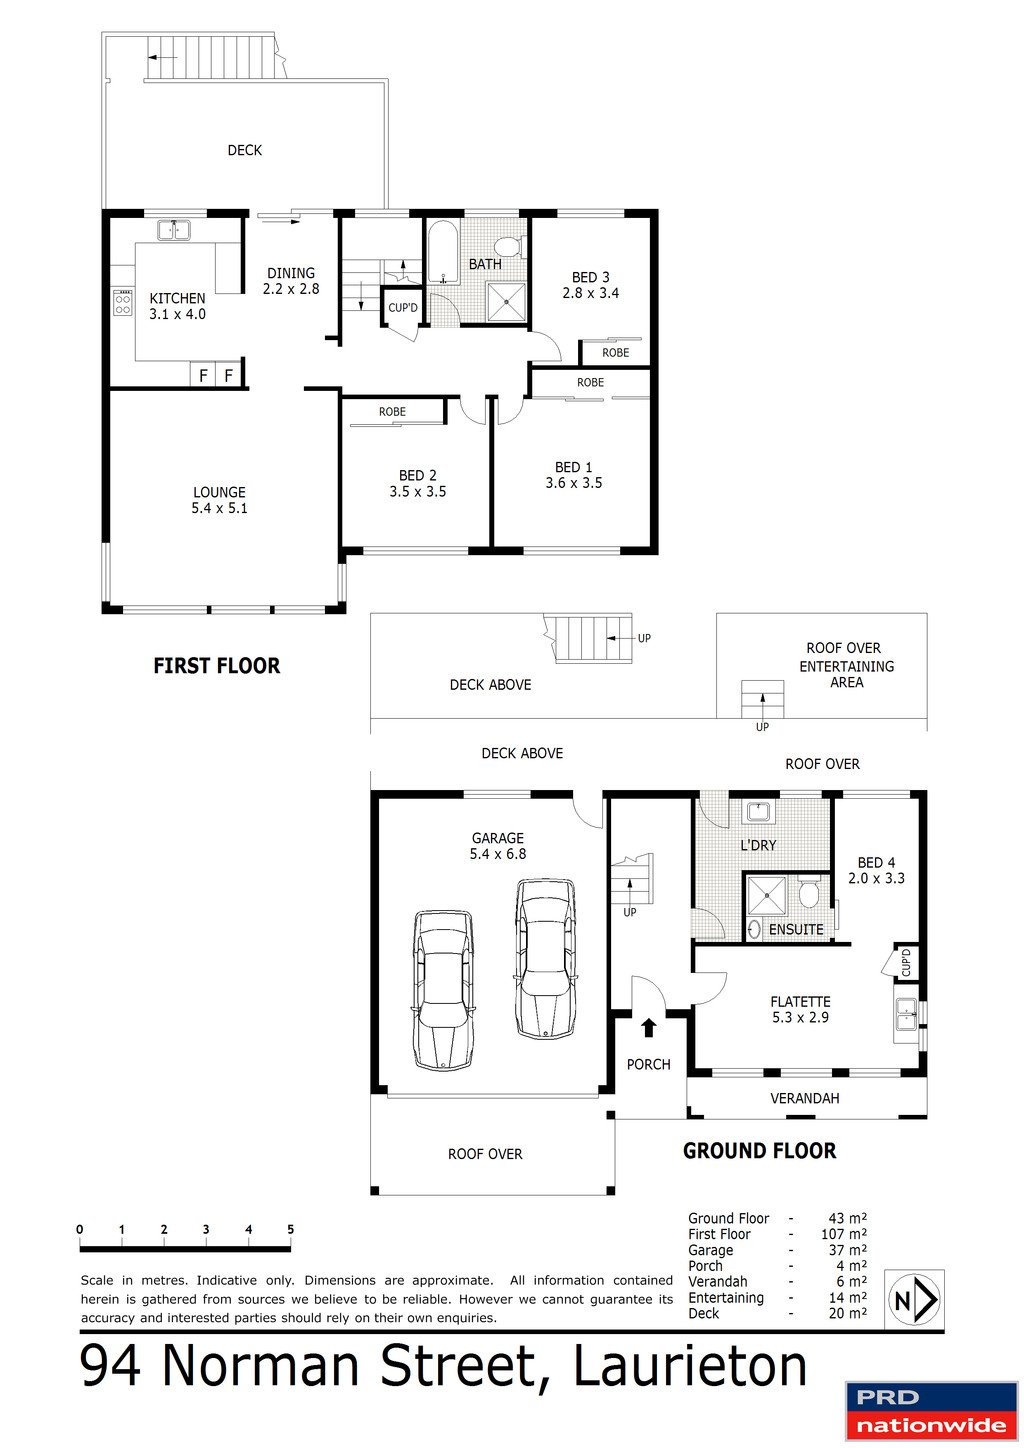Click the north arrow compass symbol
click(x=914, y=1300)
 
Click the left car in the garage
click(x=444, y=989)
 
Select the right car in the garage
click(x=545, y=958)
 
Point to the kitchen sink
click(x=175, y=230)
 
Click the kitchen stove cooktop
click(x=122, y=302)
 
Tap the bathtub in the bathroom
click(x=442, y=253)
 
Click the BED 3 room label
click(x=590, y=278)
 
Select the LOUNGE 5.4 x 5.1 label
click(x=219, y=500)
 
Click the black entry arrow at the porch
click(x=648, y=1027)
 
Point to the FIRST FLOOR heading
click(x=216, y=666)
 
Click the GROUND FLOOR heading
click(x=759, y=1151)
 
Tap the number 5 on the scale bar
click(x=290, y=1230)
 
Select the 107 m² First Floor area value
click(x=843, y=1234)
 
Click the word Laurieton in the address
click(x=690, y=1366)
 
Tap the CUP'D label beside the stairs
click(x=403, y=307)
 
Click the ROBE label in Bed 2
click(x=392, y=412)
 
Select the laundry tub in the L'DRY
click(x=758, y=810)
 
